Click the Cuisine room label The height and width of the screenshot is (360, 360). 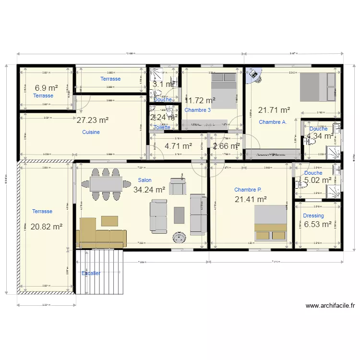click(x=91, y=132)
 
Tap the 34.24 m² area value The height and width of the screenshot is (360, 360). click(x=149, y=190)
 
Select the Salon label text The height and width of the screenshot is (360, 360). click(x=144, y=180)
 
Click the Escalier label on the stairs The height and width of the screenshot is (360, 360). click(x=91, y=273)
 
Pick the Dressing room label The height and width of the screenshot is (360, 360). click(x=313, y=216)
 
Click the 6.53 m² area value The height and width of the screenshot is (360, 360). click(x=318, y=224)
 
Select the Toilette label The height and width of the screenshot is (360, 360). click(x=162, y=127)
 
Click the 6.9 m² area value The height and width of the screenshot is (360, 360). click(x=47, y=88)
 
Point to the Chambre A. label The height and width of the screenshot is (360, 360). click(x=273, y=122)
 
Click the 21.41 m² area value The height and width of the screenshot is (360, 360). click(x=251, y=199)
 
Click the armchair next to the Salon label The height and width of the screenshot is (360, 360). click(x=177, y=185)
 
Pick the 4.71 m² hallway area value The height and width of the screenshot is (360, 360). click(x=178, y=146)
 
